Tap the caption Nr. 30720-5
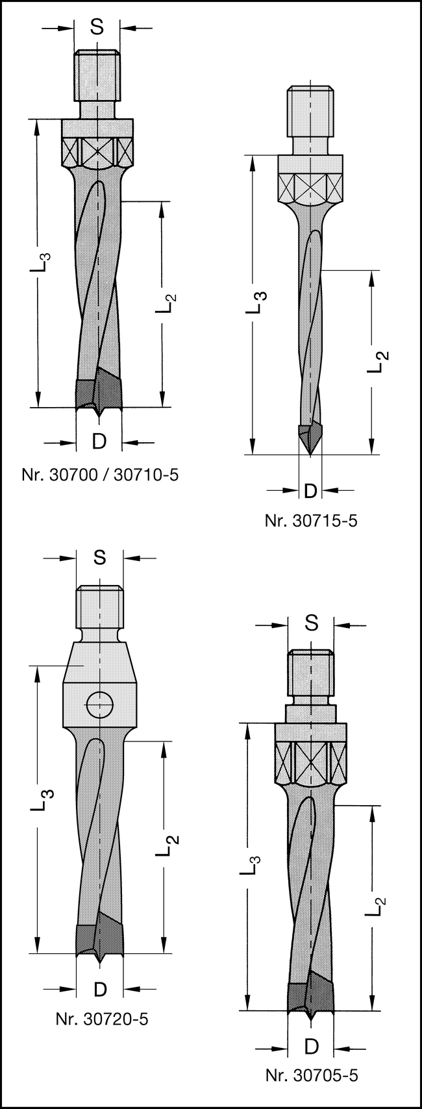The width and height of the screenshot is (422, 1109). coord(101,1019)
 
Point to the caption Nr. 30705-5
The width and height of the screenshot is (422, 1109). coord(311,1075)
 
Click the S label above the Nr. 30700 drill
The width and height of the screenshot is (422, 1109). coord(97,27)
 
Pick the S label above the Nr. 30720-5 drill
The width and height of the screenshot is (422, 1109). coord(99,557)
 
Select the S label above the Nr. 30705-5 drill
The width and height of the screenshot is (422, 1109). coord(312,623)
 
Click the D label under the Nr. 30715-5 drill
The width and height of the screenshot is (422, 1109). coord(310,490)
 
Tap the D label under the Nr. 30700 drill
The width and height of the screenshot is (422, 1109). coord(99,442)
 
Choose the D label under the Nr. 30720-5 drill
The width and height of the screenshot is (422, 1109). coord(100,989)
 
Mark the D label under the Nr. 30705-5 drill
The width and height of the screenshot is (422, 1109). coord(312,1046)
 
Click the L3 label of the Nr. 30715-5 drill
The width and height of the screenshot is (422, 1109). coord(258,303)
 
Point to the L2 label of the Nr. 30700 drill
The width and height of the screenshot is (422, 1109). coord(166,303)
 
